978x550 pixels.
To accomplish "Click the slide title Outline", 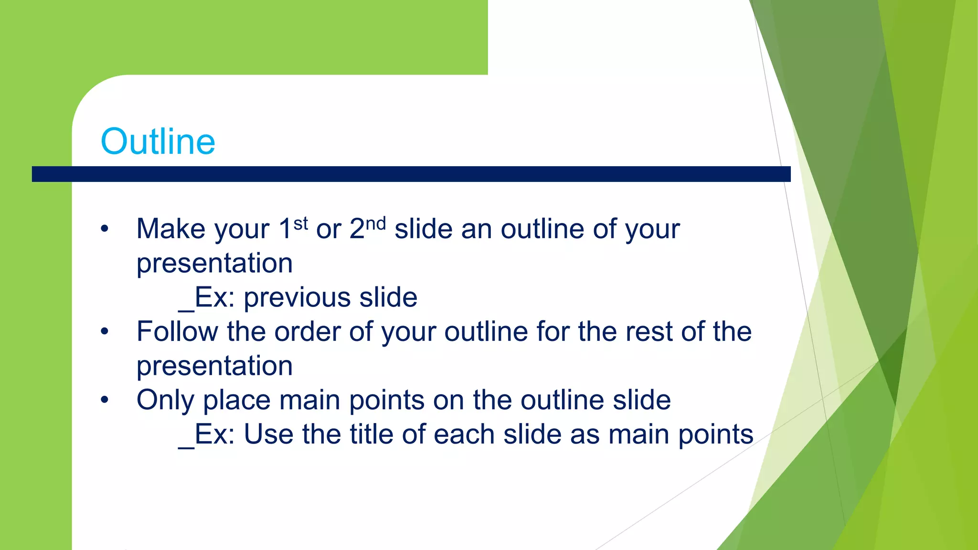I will (158, 142).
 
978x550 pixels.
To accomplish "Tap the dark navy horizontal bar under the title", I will (411, 174).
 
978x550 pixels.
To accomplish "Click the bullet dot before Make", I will (105, 229).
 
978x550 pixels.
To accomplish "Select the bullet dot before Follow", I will (105, 331).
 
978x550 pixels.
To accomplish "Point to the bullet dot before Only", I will (105, 400).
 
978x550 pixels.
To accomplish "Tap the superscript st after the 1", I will (300, 223).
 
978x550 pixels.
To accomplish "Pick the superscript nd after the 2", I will (376, 223).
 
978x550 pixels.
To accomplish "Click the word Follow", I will (177, 331).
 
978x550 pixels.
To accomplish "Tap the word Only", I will (165, 400).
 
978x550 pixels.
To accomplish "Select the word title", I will (371, 434).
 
